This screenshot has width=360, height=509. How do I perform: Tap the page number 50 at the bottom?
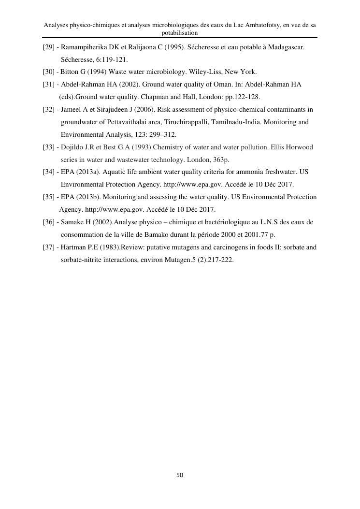[180, 475]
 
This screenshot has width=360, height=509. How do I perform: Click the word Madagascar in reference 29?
[287, 48]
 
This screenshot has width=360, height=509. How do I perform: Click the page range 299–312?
[160, 134]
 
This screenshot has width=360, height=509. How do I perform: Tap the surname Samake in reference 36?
[72, 222]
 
